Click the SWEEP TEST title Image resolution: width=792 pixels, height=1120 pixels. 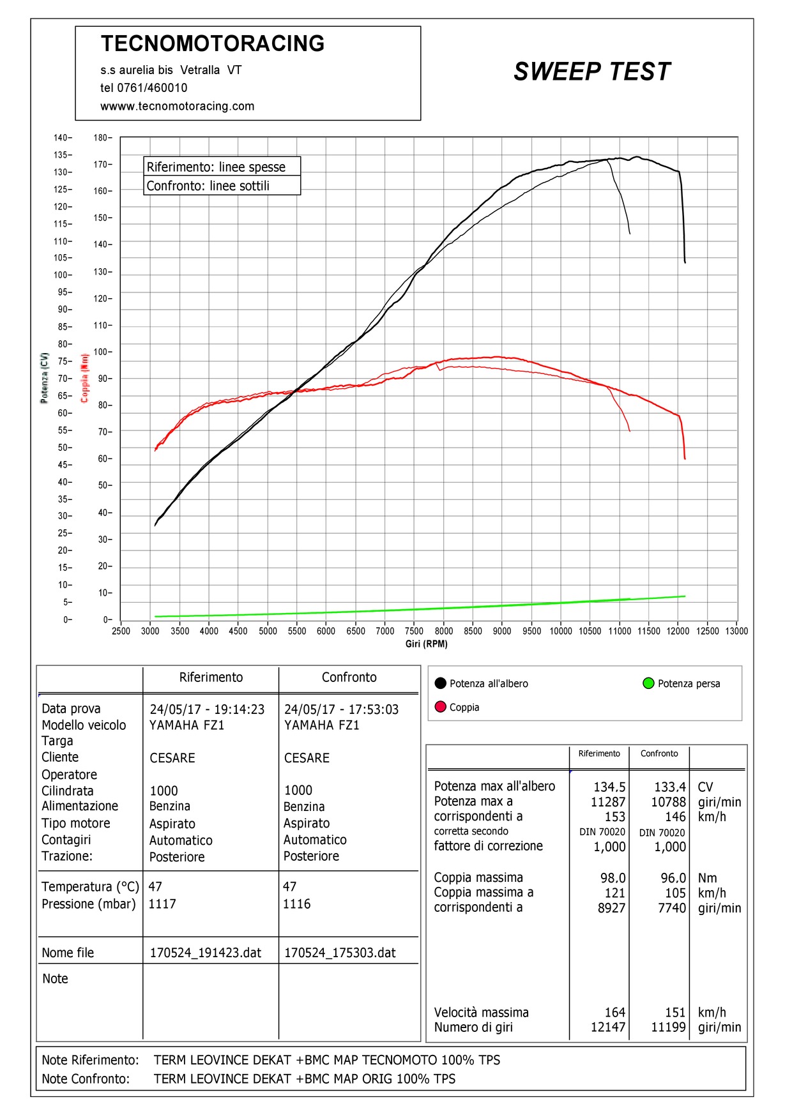click(x=592, y=72)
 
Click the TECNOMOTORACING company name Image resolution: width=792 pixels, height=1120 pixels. click(x=213, y=43)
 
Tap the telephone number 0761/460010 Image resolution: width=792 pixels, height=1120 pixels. click(x=152, y=88)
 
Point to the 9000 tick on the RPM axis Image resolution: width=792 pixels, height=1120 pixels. click(x=502, y=631)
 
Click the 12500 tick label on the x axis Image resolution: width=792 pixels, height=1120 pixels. click(x=707, y=631)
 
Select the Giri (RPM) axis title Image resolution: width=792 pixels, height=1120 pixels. click(x=426, y=644)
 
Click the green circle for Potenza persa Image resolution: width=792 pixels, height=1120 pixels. click(x=648, y=683)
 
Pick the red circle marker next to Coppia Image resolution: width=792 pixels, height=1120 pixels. click(x=440, y=707)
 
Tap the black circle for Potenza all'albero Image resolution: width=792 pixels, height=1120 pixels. click(x=440, y=683)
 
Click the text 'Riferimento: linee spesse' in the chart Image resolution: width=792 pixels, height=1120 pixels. click(x=216, y=167)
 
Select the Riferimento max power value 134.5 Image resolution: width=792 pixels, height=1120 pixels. click(x=609, y=787)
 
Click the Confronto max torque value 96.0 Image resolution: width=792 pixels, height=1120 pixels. click(x=673, y=879)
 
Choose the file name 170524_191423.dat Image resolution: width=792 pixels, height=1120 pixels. click(x=206, y=953)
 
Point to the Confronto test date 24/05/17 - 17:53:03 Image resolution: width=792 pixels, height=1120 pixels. click(x=341, y=709)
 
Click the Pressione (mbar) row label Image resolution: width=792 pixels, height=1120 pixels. click(x=89, y=904)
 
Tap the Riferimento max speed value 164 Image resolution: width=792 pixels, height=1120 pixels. click(x=615, y=1013)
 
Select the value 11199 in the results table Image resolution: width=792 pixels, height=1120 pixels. click(x=668, y=1027)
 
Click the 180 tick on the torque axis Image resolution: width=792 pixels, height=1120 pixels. click(x=101, y=138)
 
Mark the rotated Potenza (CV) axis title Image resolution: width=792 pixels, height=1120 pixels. click(x=44, y=377)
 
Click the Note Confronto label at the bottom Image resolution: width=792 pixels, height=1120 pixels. click(x=86, y=1079)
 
